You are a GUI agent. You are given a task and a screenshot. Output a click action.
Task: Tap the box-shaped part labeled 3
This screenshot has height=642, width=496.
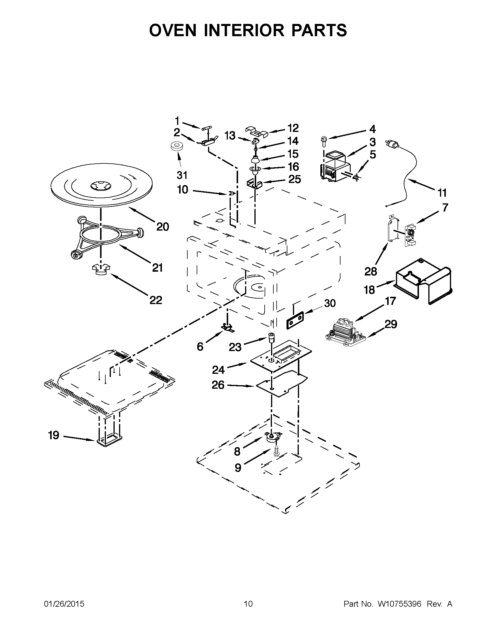(335, 166)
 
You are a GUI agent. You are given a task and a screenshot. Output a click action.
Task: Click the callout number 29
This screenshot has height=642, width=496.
(390, 324)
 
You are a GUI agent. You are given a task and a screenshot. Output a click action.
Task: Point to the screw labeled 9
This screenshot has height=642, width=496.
(276, 451)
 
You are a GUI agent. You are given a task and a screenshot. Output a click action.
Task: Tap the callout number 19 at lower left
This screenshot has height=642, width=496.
(54, 435)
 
